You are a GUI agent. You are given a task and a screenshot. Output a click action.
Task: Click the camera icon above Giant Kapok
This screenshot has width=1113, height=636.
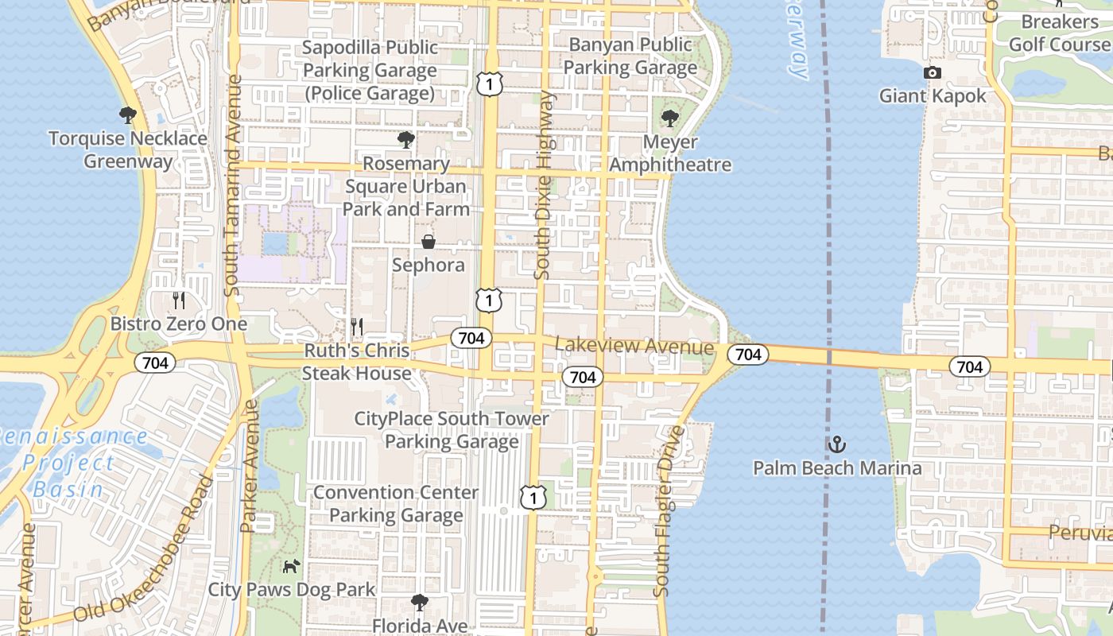pos(933,73)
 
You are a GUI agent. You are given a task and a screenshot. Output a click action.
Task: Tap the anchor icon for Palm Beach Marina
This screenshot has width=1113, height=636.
pos(836,444)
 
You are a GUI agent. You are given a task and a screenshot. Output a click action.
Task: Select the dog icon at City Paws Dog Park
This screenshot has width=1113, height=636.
pos(292,567)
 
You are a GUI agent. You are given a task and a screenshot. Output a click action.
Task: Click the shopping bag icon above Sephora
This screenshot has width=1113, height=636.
pos(429,241)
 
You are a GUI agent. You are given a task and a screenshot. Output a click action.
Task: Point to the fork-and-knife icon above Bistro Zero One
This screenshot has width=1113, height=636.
pos(179,301)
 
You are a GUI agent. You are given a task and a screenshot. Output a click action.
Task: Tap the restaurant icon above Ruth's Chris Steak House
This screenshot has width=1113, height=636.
pos(357,327)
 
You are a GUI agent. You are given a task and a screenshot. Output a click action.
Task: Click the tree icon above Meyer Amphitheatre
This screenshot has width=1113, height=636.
pos(670,118)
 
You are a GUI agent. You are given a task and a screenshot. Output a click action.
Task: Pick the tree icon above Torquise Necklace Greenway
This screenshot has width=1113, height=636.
pos(127,115)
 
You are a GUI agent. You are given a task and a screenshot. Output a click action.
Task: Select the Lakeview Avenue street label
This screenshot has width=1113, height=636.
pos(634,347)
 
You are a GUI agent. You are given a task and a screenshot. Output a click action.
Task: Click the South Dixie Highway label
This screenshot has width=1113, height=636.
pos(544,184)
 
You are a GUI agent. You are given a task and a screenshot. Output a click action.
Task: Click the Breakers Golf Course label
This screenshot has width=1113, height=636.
pos(1059,33)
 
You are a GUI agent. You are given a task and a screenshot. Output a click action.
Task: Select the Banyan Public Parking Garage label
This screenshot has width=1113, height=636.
pos(630,56)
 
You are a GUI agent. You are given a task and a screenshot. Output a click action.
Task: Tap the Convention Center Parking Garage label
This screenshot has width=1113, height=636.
pos(396,504)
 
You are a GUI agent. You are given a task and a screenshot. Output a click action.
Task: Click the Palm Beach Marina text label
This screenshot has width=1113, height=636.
pos(837,467)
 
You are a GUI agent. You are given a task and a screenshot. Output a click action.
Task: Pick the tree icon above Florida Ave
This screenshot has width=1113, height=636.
pos(419,602)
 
